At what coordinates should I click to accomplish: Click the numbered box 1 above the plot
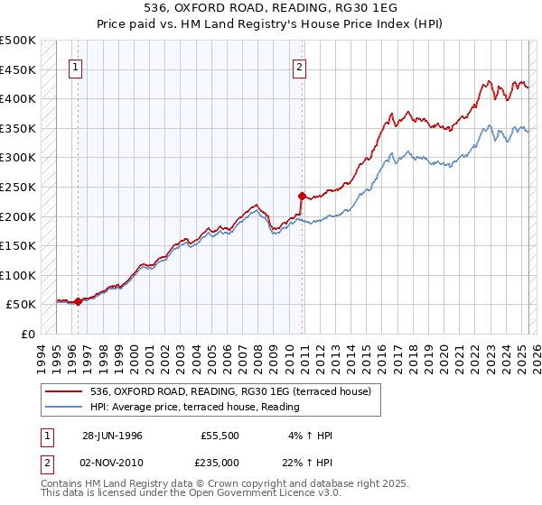(x=75, y=66)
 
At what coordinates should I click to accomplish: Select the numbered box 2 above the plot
(x=299, y=66)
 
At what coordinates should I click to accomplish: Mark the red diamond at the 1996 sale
(x=79, y=301)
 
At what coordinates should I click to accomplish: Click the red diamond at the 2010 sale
(x=302, y=195)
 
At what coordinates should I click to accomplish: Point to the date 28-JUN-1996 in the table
(x=112, y=436)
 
